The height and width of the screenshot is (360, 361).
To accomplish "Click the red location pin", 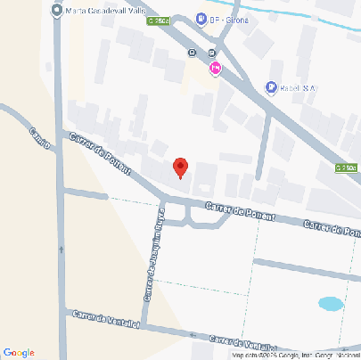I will pos(180,167).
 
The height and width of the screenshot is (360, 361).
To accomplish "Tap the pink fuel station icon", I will pos(215,69).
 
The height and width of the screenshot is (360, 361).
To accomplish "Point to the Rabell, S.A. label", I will pos(298,87).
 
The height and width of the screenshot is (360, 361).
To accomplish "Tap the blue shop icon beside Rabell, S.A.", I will pos(271,86).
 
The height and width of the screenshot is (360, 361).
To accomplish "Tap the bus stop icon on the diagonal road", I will pos(193,53).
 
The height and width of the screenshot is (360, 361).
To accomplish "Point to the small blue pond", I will pos(331,304).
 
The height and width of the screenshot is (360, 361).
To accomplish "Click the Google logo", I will pos(18,352).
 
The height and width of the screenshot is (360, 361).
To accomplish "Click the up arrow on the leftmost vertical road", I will pos(61,249).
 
